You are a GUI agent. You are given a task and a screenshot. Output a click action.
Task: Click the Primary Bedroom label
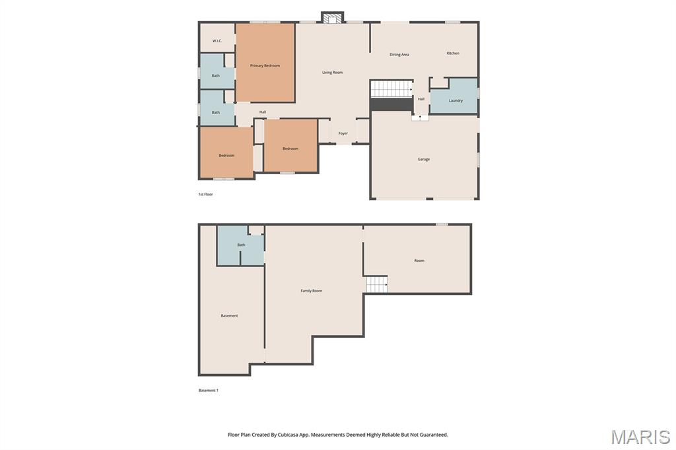tap(265, 66)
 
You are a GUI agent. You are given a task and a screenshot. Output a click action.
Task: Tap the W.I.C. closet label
tap(217, 42)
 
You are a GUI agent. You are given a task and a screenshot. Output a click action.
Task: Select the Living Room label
tap(332, 73)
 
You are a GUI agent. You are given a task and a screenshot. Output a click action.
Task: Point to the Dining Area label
tap(399, 55)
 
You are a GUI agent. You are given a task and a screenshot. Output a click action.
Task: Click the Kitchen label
tap(453, 53)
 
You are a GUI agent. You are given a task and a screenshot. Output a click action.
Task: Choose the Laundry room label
tap(456, 101)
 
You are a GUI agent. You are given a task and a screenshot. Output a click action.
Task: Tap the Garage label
tap(424, 160)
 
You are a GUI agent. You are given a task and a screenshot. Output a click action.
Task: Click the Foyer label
tap(343, 134)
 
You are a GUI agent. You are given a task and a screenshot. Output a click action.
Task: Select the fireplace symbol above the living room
tap(333, 18)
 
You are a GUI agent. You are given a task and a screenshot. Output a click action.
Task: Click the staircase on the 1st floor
tap(391, 89)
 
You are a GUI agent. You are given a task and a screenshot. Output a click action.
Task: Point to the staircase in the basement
tap(377, 284)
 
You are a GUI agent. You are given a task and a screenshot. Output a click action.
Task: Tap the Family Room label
tap(312, 291)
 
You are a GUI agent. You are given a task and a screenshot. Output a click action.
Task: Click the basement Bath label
tap(241, 245)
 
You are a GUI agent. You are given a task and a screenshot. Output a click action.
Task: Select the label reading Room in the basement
tap(419, 261)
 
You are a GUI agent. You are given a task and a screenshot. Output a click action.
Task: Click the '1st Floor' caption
tap(206, 195)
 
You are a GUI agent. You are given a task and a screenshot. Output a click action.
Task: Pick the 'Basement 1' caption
tap(209, 391)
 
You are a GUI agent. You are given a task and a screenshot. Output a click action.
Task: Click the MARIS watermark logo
tap(640, 437)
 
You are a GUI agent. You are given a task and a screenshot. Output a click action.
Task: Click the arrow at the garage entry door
tap(420, 117)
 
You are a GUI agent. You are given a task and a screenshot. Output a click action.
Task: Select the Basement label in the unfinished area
tap(229, 316)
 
